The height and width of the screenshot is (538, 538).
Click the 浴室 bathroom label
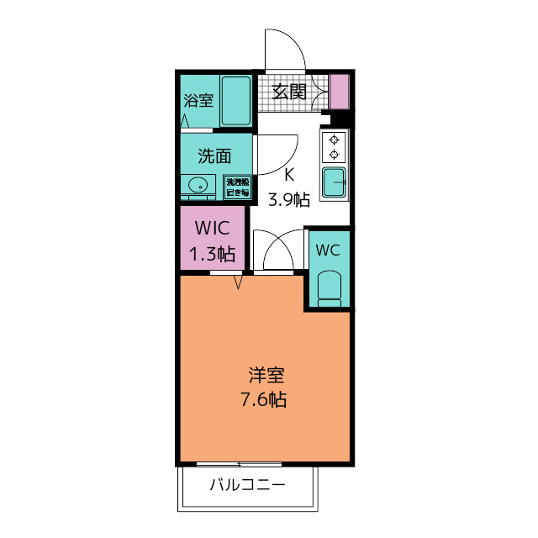(198, 101)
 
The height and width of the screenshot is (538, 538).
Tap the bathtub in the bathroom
(236, 101)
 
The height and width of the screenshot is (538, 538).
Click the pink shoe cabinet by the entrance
(339, 92)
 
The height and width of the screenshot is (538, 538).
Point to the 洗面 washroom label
(214, 156)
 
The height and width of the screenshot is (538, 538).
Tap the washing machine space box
(237, 187)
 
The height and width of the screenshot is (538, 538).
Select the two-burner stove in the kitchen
(335, 147)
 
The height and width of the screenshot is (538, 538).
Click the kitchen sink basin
(335, 180)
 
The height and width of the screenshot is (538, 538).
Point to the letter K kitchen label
(289, 176)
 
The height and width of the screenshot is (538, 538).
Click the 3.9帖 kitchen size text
(289, 199)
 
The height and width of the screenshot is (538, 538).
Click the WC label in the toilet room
(327, 250)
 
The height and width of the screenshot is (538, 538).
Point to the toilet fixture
(328, 288)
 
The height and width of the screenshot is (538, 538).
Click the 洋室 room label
(266, 375)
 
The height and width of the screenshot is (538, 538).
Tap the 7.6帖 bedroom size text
(266, 399)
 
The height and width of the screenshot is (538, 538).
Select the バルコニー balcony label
(247, 485)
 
